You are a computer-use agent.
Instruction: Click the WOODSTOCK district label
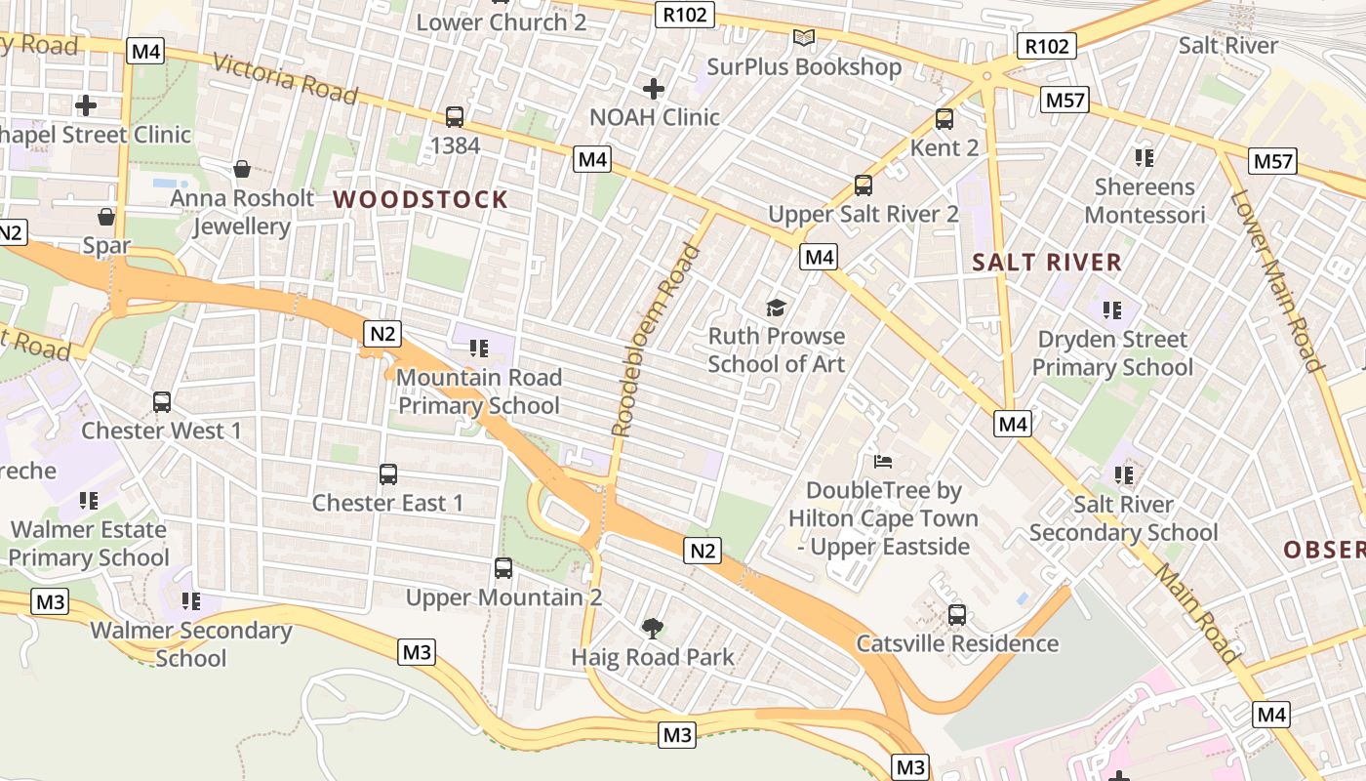[421, 200]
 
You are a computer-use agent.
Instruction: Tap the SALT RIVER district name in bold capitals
[1047, 262]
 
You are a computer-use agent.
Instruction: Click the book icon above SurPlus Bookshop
[804, 38]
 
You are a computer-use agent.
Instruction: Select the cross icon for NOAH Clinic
[654, 90]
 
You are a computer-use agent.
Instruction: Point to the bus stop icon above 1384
[455, 117]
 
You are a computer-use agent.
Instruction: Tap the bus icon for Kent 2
[944, 119]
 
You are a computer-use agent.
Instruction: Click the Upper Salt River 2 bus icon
[864, 185]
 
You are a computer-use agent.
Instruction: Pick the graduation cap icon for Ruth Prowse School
[776, 308]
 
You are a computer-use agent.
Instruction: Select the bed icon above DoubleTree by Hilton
[883, 461]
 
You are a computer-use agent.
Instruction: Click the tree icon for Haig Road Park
[652, 628]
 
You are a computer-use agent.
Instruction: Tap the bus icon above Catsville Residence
[957, 615]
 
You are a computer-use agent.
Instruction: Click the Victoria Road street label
[284, 78]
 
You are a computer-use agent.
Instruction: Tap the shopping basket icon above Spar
[106, 217]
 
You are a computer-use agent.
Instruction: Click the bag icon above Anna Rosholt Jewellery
[242, 170]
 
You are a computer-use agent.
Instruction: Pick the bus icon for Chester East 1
[388, 474]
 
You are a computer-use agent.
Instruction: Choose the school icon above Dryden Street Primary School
[1112, 310]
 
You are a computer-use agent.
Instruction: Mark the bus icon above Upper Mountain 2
[503, 568]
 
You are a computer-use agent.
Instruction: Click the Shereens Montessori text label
[1145, 200]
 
